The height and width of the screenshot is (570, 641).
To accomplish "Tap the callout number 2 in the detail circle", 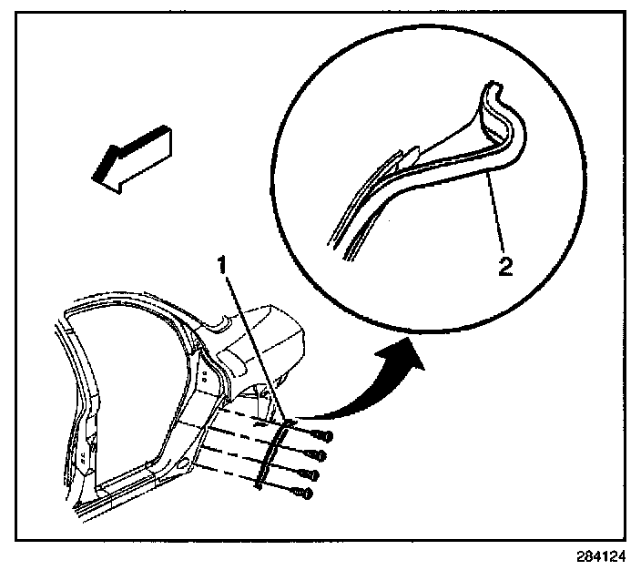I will point(504,266).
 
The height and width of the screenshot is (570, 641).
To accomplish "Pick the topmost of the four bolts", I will point(321,435).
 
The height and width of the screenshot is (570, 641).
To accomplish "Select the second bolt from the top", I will point(318,453).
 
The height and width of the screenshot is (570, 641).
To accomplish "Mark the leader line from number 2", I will point(496,219).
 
